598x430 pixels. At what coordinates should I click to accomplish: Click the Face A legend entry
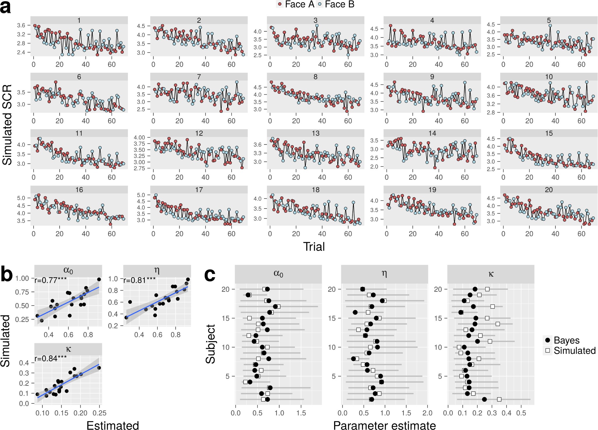(295, 4)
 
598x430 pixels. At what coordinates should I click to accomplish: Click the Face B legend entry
(336, 4)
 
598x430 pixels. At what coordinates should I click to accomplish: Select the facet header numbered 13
(315, 133)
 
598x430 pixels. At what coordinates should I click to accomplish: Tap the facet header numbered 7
(199, 77)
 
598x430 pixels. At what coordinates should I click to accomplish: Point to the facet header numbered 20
(549, 190)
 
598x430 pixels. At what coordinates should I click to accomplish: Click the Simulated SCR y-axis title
(7, 125)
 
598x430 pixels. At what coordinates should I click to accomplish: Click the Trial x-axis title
(314, 247)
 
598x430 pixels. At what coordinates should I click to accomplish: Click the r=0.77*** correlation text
(51, 280)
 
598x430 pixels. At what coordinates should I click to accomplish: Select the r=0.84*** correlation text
(51, 358)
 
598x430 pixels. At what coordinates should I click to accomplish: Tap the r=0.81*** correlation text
(139, 280)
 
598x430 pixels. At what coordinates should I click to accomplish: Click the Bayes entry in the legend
(566, 340)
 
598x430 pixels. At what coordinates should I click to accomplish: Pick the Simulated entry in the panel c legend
(574, 351)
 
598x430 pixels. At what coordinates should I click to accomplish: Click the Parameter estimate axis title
(384, 425)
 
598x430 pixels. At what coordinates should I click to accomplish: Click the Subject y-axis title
(210, 344)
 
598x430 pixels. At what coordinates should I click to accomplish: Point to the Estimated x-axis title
(112, 425)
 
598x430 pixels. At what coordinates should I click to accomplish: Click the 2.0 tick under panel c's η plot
(427, 413)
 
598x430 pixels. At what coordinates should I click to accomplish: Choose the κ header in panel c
(491, 274)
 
